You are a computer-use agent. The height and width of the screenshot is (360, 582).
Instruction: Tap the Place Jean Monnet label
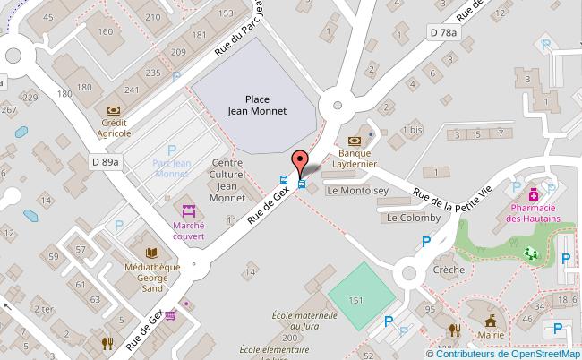[x=257, y=107]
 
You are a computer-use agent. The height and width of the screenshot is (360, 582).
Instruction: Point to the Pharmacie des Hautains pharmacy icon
[x=534, y=193]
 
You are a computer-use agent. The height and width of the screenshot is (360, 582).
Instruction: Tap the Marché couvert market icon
[x=189, y=212]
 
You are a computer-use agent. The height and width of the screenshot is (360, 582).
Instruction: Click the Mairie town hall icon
[x=490, y=321]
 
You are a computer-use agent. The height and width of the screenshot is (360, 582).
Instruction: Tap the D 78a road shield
[x=442, y=33]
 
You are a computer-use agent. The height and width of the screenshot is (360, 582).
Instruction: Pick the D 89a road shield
[x=105, y=161]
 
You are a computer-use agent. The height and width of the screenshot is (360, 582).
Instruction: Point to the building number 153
[x=226, y=13]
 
